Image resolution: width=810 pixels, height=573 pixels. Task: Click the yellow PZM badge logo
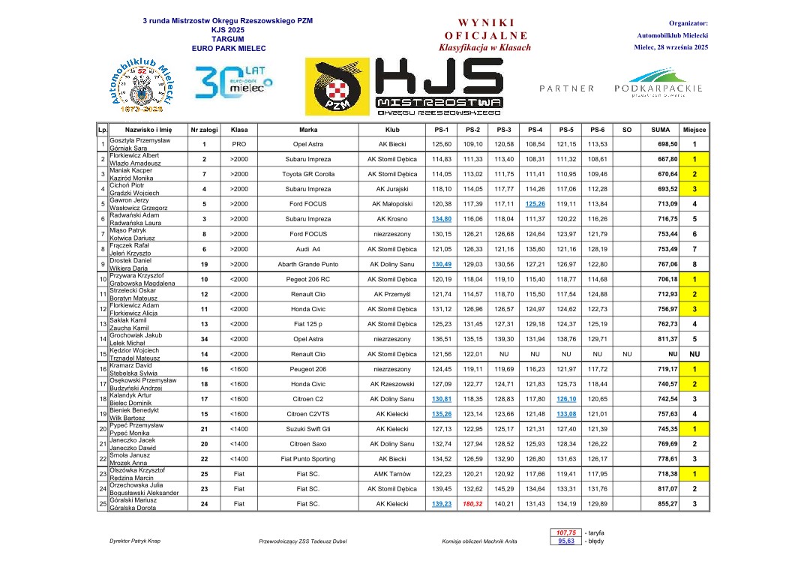337,87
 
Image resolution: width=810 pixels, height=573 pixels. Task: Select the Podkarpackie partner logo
658,84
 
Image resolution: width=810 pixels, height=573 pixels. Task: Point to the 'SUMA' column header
661,129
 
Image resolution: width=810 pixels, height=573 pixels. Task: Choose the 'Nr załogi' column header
204,129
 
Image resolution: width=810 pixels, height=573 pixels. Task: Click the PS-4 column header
535,129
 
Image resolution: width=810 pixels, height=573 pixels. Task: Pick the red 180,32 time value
472,504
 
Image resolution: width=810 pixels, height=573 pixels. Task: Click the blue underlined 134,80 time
441,219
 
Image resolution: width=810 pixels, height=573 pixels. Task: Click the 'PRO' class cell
239,144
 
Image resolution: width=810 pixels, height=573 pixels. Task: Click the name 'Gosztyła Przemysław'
140,140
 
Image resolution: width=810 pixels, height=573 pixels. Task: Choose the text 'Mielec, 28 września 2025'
670,47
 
